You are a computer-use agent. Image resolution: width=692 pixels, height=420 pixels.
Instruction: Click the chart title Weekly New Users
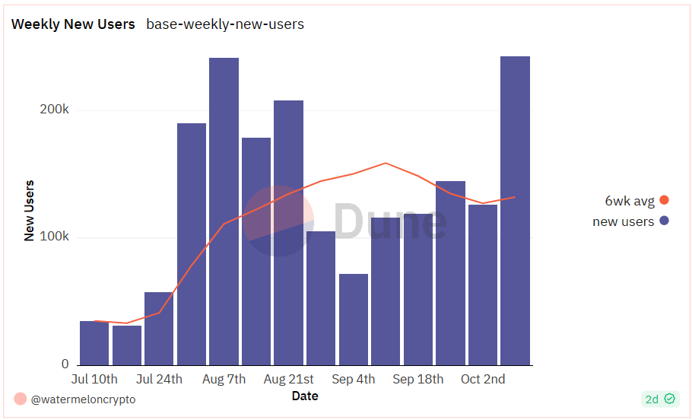(73, 24)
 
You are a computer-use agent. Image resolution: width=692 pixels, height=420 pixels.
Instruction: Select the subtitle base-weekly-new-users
(225, 24)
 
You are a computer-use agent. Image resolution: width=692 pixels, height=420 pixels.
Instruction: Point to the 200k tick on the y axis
(54, 110)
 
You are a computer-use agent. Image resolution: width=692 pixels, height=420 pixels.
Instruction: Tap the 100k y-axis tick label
(54, 237)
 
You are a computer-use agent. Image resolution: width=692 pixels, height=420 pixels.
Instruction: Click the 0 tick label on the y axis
(65, 364)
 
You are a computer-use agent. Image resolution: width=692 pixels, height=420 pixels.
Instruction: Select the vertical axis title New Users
(30, 211)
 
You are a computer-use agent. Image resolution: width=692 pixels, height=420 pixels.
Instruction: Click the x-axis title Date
(305, 396)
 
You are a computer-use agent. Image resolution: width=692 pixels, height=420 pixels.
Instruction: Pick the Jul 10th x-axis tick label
(94, 379)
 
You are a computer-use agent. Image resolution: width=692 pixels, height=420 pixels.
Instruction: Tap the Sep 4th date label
(354, 379)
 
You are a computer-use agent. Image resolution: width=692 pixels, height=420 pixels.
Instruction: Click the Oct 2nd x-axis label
(483, 379)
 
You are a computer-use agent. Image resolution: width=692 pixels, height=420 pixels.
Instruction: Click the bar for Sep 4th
(354, 320)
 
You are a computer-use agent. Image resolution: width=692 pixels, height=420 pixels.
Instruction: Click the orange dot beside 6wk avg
(664, 201)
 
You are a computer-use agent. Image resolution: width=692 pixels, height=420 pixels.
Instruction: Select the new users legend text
(623, 221)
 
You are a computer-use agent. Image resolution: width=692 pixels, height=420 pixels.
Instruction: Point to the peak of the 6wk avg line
(386, 163)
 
